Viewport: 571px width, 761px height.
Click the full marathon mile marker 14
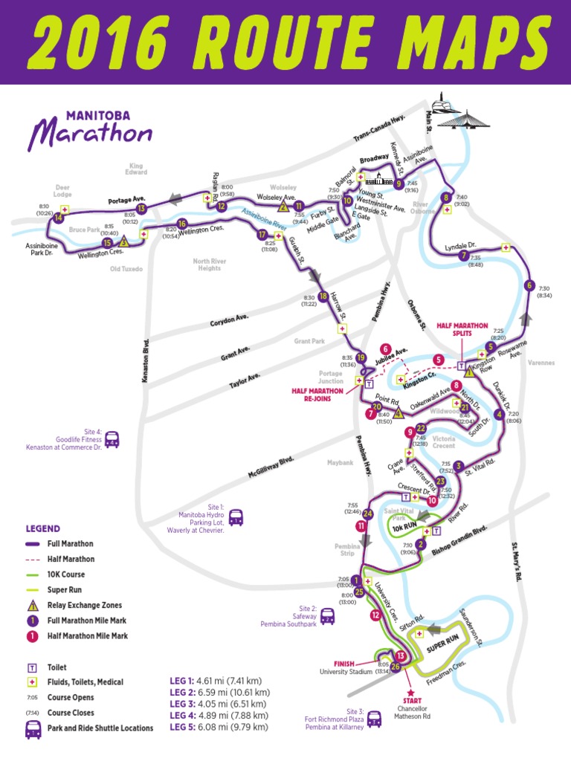[58, 218]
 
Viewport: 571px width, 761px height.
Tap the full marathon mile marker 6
[529, 285]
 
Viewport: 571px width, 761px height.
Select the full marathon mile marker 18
[323, 297]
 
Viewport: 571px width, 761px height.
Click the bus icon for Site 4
[112, 439]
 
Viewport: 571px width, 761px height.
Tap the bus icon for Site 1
[236, 516]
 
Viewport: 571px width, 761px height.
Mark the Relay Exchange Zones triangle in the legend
[33, 605]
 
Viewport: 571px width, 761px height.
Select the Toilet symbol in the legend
[33, 667]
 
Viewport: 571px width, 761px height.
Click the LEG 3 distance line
[219, 703]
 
